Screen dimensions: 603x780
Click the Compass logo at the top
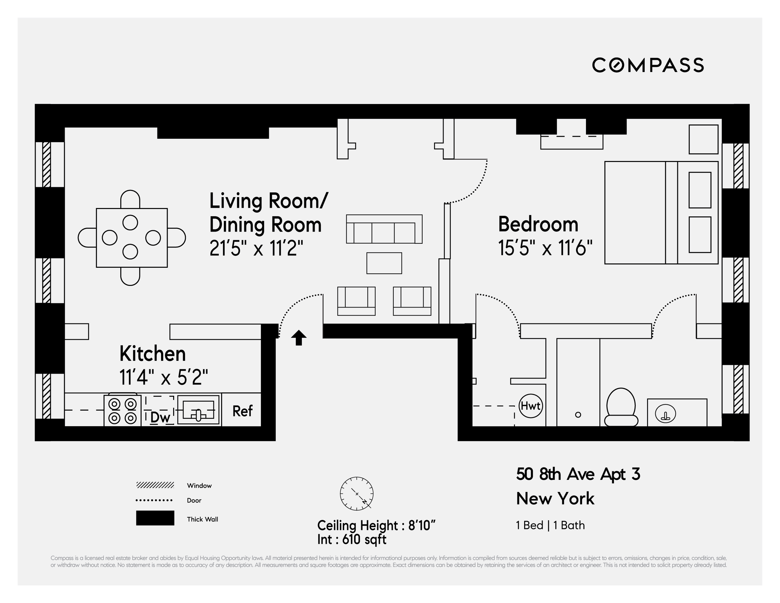[x=647, y=65]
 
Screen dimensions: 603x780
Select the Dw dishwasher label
[x=160, y=417]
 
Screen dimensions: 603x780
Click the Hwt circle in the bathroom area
[x=530, y=406]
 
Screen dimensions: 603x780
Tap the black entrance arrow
[x=298, y=338]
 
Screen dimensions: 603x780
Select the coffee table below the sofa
[x=384, y=263]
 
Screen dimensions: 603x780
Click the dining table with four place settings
[x=131, y=238]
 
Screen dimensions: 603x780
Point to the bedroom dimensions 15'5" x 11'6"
[x=545, y=247]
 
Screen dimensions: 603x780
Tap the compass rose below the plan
[x=356, y=493]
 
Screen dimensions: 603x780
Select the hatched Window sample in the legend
[x=155, y=485]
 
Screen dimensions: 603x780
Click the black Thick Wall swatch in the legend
[x=155, y=518]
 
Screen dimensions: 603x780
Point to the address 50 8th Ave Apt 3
[x=578, y=474]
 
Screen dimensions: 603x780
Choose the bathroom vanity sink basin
[x=665, y=414]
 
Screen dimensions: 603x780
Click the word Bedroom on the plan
[x=538, y=225]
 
